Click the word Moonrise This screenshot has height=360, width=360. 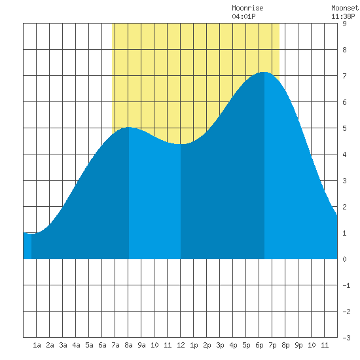247,8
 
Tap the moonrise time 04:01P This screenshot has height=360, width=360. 243,16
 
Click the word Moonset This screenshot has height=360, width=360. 345,8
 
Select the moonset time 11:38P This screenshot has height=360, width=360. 343,16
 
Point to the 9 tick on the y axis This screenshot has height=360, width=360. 344,24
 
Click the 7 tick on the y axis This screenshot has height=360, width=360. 344,76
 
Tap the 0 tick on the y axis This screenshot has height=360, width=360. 344,259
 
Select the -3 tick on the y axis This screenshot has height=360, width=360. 346,338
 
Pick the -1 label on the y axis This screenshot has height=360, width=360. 346,285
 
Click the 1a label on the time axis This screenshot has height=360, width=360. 37,345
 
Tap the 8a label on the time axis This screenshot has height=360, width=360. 128,345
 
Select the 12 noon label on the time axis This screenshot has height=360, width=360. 181,345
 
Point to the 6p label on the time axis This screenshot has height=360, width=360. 259,345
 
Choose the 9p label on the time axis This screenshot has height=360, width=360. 298,345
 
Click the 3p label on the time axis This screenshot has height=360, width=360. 220,345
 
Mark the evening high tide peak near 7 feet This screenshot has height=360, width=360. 264,72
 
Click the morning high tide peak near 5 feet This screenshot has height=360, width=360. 129,127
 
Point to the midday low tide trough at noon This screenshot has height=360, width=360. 181,144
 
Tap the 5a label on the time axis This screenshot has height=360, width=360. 89,345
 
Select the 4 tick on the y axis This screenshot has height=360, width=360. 344,154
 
